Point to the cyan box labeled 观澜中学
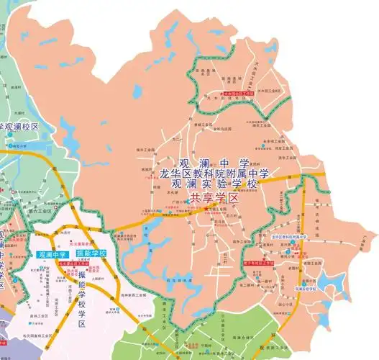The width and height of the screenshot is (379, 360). point(52,254)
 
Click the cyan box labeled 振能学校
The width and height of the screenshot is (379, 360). point(91,254)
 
